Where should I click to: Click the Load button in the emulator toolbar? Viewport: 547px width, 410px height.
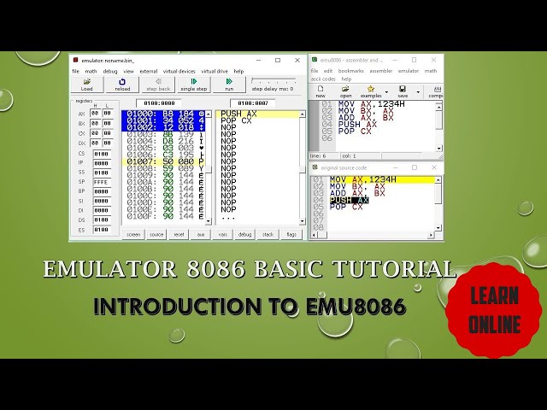click(86, 84)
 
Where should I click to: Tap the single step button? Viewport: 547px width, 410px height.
click(193, 84)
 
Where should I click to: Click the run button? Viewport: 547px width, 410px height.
click(229, 84)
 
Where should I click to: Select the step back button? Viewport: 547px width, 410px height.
click(158, 84)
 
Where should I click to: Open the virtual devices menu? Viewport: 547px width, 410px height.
click(179, 71)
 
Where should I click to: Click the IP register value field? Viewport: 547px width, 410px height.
click(102, 162)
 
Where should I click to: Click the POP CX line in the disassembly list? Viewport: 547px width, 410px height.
click(235, 120)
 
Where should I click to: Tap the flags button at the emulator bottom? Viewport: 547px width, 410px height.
click(291, 233)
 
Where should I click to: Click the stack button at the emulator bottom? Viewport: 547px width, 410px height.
click(268, 233)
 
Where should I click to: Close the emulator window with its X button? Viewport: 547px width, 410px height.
click(295, 60)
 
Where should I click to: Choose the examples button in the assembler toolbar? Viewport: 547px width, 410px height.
click(371, 91)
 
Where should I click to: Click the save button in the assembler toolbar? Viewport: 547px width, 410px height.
click(403, 91)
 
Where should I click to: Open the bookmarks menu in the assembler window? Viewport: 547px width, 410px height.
click(351, 71)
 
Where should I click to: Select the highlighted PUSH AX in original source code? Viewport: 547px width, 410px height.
click(349, 200)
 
